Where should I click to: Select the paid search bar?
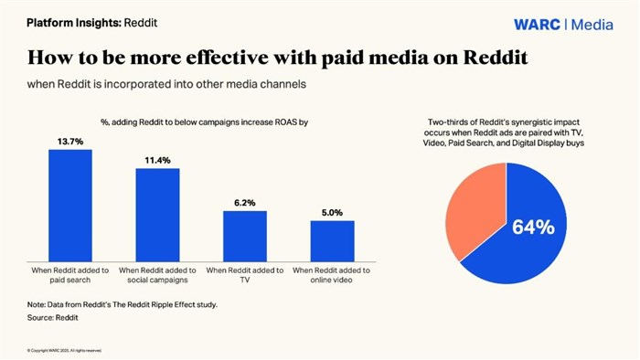[69, 206]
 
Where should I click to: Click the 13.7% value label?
[69, 141]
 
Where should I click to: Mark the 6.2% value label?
[245, 203]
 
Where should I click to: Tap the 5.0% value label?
[332, 212]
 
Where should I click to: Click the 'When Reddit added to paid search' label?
[69, 275]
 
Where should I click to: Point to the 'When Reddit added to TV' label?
[245, 275]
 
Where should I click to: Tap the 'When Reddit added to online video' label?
[332, 275]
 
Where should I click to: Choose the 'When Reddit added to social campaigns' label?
[157, 275]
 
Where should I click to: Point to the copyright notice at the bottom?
[64, 350]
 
